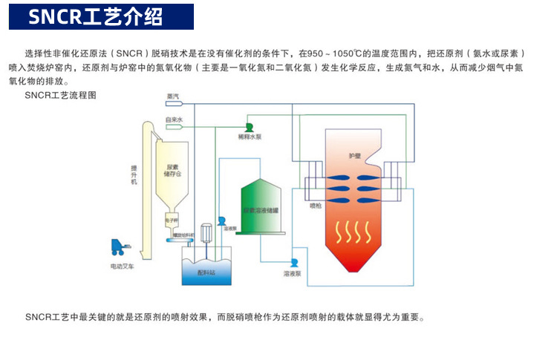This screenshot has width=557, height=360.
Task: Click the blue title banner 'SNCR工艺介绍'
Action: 101,17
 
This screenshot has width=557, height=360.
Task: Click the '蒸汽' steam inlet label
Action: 173,96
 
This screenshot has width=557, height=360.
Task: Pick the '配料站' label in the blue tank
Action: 206,273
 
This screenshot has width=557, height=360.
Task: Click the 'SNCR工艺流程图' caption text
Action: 60,96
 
